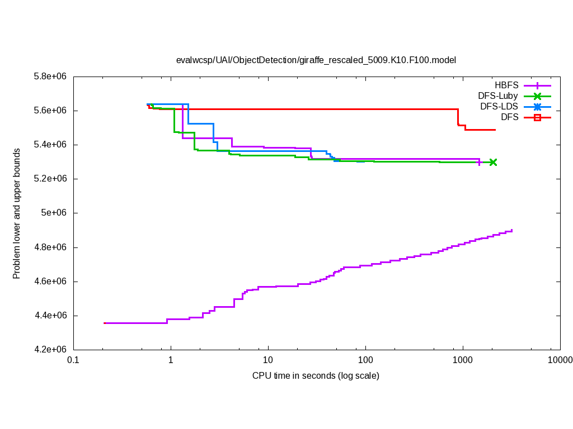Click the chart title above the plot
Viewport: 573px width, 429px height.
pyautogui.click(x=316, y=60)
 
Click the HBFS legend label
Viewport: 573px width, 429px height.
pyautogui.click(x=506, y=85)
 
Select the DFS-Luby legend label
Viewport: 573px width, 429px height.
pyautogui.click(x=497, y=96)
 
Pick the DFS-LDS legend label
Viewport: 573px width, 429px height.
pyautogui.click(x=499, y=107)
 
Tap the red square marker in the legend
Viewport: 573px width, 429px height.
pyautogui.click(x=537, y=117)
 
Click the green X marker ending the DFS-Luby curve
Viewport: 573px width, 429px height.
pyautogui.click(x=493, y=162)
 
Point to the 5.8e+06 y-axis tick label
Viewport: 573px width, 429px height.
pyautogui.click(x=50, y=77)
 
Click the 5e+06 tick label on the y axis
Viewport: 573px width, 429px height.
pyautogui.click(x=55, y=213)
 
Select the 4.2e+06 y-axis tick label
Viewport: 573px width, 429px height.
pyautogui.click(x=50, y=350)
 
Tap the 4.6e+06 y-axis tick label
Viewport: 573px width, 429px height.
pyautogui.click(x=50, y=282)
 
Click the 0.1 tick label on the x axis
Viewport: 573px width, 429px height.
pyautogui.click(x=73, y=360)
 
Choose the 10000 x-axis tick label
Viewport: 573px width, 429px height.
pyautogui.click(x=560, y=360)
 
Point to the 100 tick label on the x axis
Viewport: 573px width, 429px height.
pyautogui.click(x=365, y=360)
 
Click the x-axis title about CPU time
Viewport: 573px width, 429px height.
pyautogui.click(x=316, y=376)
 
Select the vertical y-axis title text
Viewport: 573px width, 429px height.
pyautogui.click(x=17, y=213)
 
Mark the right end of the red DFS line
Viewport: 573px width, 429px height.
pyautogui.click(x=495, y=130)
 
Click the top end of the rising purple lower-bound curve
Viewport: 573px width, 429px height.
pyautogui.click(x=512, y=230)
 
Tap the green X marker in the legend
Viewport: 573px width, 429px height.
pyautogui.click(x=537, y=96)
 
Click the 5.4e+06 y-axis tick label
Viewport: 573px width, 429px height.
pyautogui.click(x=50, y=145)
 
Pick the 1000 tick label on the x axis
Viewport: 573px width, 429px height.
pyautogui.click(x=463, y=360)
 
